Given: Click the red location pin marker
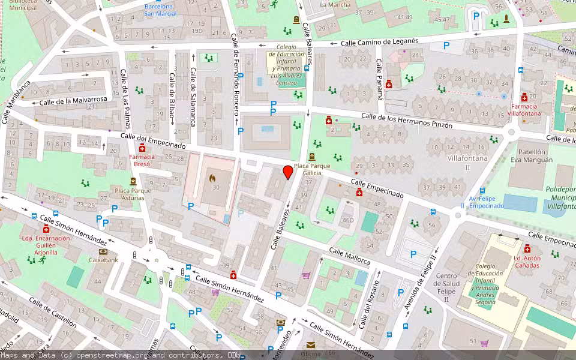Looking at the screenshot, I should click(x=288, y=172).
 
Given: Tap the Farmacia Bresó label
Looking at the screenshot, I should click(x=142, y=160).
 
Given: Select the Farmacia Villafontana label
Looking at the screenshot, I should click(x=524, y=110).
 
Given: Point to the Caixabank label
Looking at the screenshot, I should click(x=103, y=260).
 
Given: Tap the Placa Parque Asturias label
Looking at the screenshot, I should click(x=133, y=194).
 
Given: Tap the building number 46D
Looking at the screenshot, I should click(x=347, y=220).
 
